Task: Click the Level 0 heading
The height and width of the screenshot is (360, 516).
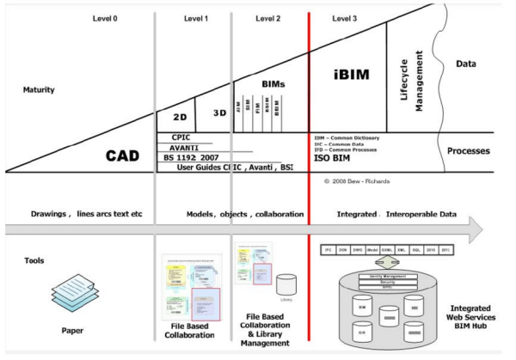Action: [x=104, y=16]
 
